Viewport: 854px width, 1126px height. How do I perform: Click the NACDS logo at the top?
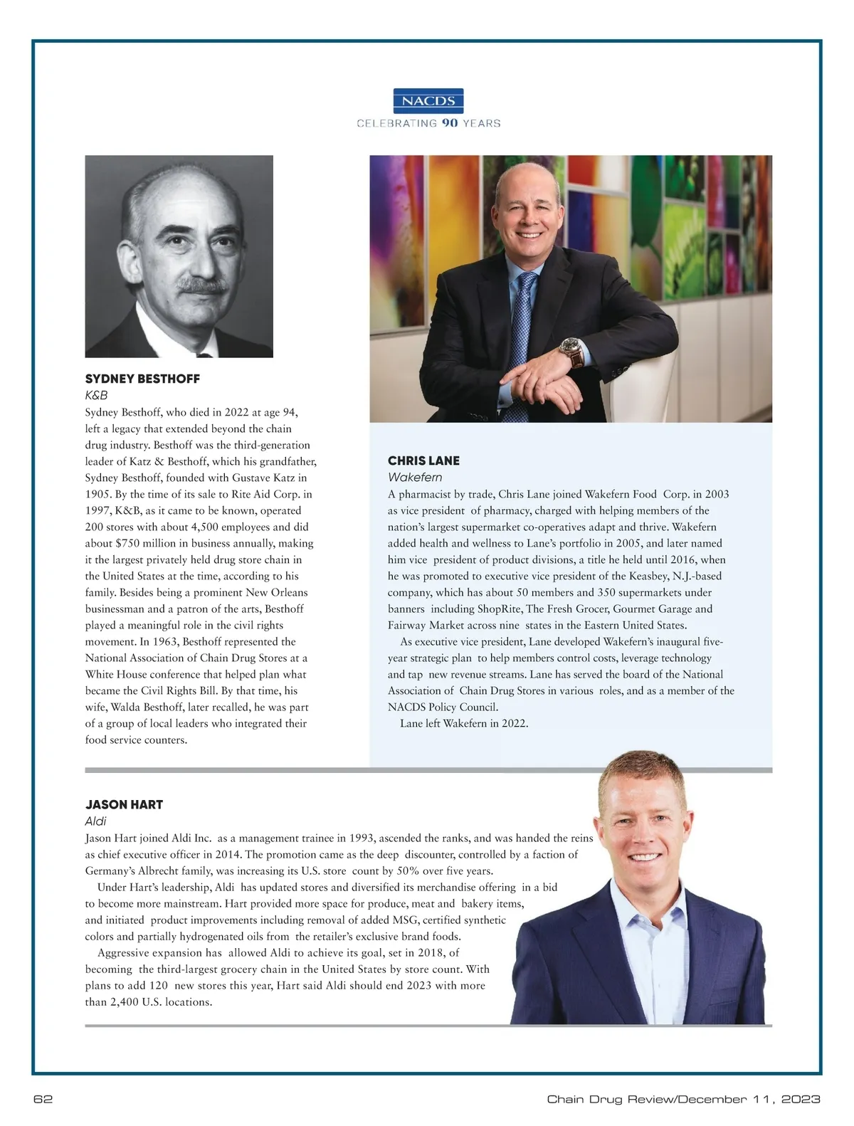pyautogui.click(x=428, y=100)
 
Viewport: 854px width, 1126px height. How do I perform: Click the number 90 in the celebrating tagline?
pyautogui.click(x=449, y=123)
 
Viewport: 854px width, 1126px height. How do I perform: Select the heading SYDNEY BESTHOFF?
pyautogui.click(x=142, y=379)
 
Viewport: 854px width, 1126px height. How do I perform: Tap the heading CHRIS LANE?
pyautogui.click(x=423, y=461)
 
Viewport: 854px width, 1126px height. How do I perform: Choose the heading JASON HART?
pyautogui.click(x=124, y=804)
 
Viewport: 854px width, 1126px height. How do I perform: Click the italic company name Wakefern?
pyautogui.click(x=415, y=477)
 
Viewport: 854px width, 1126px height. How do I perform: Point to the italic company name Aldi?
pyautogui.click(x=95, y=821)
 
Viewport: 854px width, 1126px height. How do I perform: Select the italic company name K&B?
pyautogui.click(x=96, y=395)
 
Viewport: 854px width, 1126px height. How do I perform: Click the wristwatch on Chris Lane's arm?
pyautogui.click(x=569, y=349)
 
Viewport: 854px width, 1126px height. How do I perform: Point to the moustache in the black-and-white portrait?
pyautogui.click(x=203, y=285)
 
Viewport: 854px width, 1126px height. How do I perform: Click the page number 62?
pyautogui.click(x=43, y=1099)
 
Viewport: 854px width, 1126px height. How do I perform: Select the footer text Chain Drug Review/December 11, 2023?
pyautogui.click(x=683, y=1099)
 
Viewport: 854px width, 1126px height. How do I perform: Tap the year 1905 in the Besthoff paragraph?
pyautogui.click(x=99, y=494)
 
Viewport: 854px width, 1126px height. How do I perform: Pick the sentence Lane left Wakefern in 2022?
pyautogui.click(x=464, y=724)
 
